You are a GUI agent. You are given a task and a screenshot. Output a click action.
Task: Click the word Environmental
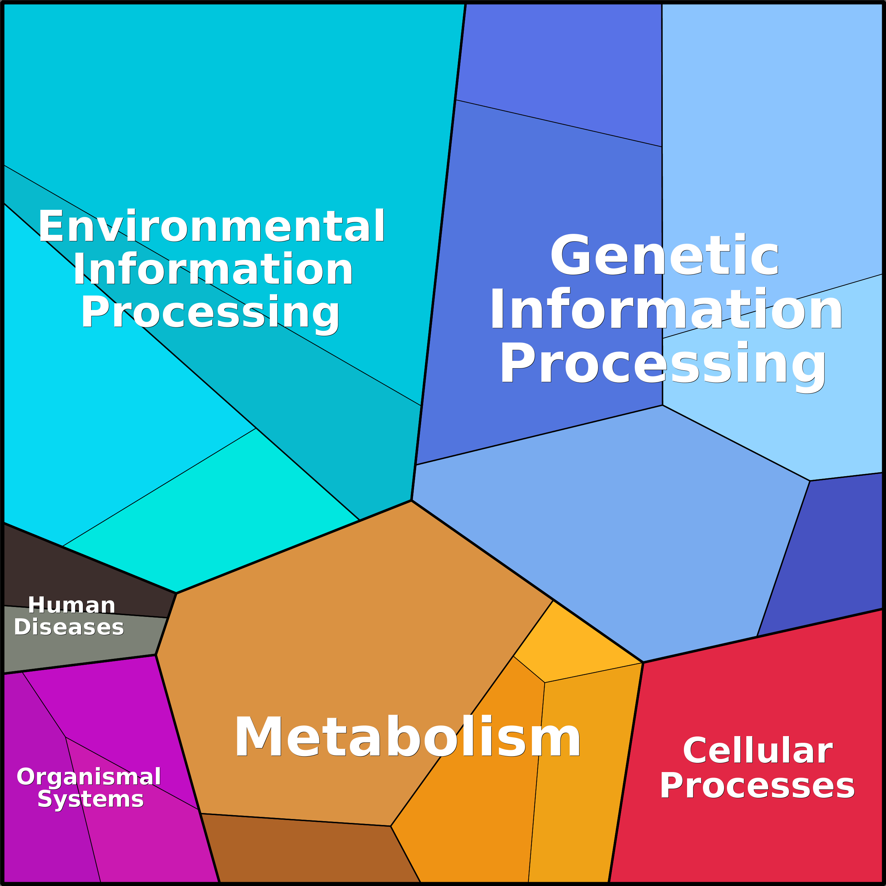pos(211,226)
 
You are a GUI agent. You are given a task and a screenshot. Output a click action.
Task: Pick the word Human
pos(72,605)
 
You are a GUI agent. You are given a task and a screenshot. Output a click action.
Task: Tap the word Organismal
pos(89,776)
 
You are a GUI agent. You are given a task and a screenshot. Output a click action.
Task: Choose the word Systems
pos(90,799)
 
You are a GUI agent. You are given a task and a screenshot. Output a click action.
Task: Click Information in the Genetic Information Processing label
pos(666,310)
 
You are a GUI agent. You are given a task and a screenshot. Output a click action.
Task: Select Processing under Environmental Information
pos(210,313)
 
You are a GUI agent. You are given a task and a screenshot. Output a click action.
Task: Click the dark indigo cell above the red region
pos(825,559)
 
